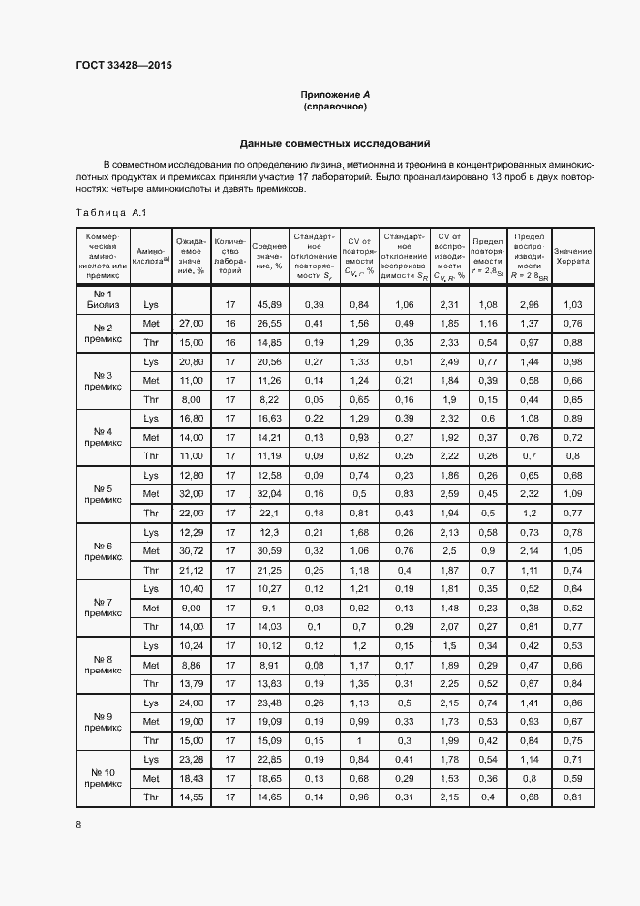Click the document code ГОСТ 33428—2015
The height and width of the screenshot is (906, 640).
125,66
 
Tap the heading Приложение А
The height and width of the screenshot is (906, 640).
335,94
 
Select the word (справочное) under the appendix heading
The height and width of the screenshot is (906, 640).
335,107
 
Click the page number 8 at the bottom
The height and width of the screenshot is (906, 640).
78,824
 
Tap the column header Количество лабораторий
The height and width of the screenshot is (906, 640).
229,255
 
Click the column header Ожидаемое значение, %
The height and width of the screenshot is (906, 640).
191,255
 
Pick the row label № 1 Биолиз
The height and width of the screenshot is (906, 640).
103,298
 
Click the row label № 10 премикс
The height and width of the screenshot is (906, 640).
103,778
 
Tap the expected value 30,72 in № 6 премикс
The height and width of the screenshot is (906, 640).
191,551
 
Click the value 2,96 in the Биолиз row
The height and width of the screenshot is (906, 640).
529,304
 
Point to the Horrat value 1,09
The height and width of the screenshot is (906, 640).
572,494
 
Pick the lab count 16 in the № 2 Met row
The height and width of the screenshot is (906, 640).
229,324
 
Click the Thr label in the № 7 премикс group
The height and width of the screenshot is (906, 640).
150,627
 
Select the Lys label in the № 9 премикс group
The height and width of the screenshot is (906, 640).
150,703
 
